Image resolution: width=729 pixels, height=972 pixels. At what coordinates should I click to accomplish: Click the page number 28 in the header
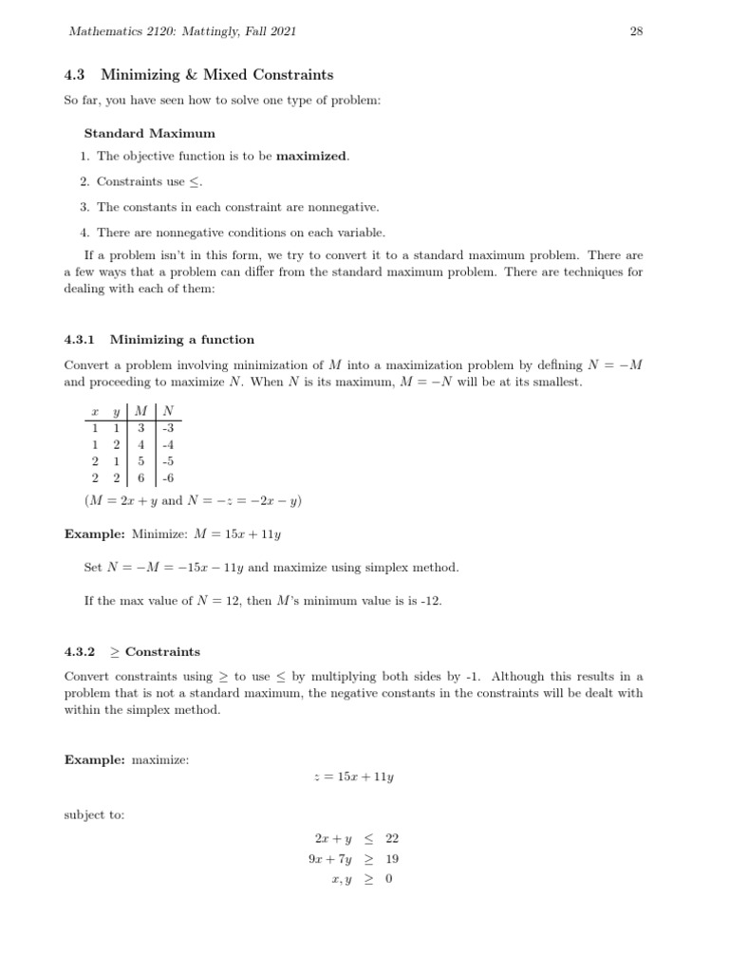[x=636, y=31]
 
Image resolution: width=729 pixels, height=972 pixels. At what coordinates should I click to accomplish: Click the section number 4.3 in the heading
[x=75, y=74]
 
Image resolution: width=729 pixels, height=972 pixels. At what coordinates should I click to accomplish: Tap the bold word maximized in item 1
[x=311, y=156]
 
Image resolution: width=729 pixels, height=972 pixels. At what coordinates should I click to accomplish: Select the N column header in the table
[x=168, y=411]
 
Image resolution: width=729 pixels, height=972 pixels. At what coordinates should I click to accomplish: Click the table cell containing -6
[x=168, y=478]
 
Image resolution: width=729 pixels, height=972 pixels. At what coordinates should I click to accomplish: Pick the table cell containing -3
[x=168, y=427]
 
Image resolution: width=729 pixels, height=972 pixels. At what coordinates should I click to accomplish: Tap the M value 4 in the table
[x=141, y=444]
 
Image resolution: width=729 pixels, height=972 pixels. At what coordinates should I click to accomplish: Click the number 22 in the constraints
[x=393, y=839]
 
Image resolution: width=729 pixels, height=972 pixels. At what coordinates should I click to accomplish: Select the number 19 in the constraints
[x=393, y=859]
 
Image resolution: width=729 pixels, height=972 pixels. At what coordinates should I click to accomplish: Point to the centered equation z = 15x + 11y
[x=353, y=776]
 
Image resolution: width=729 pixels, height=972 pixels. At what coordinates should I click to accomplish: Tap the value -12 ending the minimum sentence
[x=431, y=601]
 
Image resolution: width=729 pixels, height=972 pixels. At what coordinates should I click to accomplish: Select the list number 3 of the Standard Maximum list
[x=84, y=207]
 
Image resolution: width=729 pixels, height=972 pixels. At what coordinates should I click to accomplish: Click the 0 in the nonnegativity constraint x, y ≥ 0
[x=389, y=879]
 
